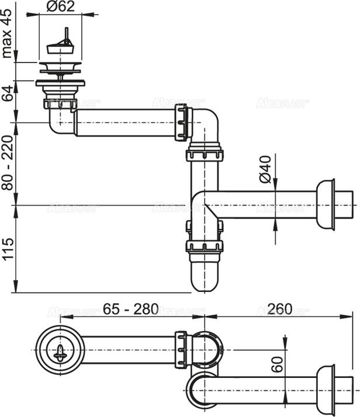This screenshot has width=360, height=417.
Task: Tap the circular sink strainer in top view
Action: [56, 349]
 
